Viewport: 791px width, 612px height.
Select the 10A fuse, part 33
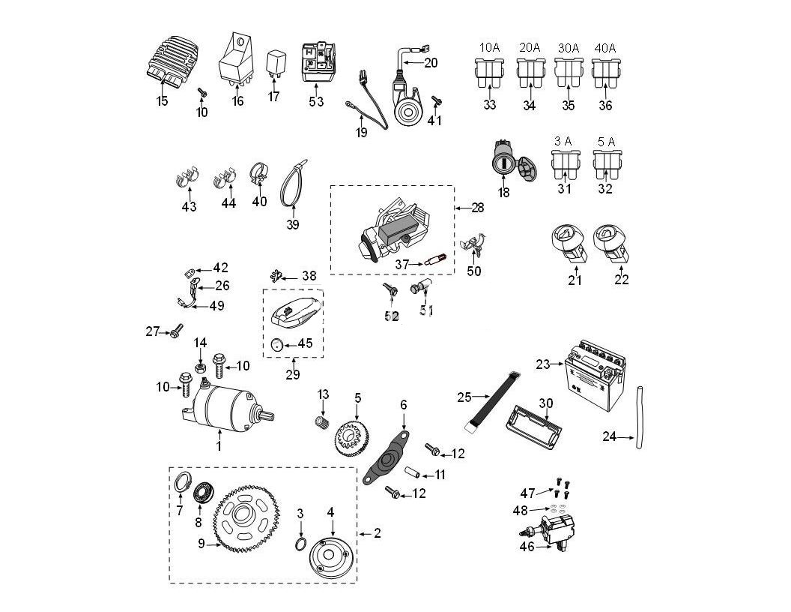click(489, 75)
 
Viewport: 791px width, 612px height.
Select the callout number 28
click(476, 207)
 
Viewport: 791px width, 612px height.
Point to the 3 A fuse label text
click(563, 141)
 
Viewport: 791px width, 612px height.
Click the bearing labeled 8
click(201, 494)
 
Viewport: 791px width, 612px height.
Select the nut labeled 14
click(200, 367)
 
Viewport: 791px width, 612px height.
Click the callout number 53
click(316, 103)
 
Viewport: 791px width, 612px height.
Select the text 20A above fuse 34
click(530, 48)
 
